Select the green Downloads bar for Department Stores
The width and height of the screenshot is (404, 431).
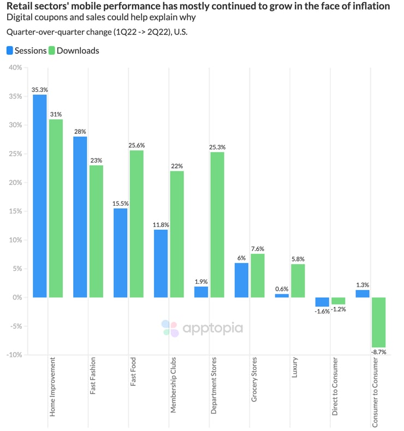(217, 224)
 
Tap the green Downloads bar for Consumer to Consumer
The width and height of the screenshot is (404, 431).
(378, 322)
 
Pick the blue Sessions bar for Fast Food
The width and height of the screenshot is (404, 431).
(121, 253)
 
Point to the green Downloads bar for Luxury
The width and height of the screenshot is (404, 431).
(298, 281)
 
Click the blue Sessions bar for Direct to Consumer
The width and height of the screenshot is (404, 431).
(322, 302)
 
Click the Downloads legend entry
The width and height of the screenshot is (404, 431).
(74, 50)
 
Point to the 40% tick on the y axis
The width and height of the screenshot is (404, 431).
(14, 68)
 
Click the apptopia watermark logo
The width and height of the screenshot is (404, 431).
(202, 328)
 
